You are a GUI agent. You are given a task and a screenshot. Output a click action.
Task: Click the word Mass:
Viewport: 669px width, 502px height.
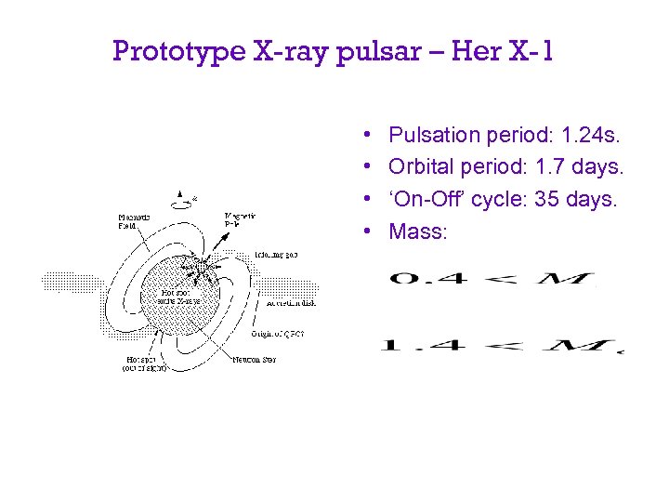tap(418, 231)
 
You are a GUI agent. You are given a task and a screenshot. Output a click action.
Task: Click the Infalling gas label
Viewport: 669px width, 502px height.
tap(275, 253)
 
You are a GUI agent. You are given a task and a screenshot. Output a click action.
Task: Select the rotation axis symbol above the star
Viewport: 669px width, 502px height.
tap(181, 199)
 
